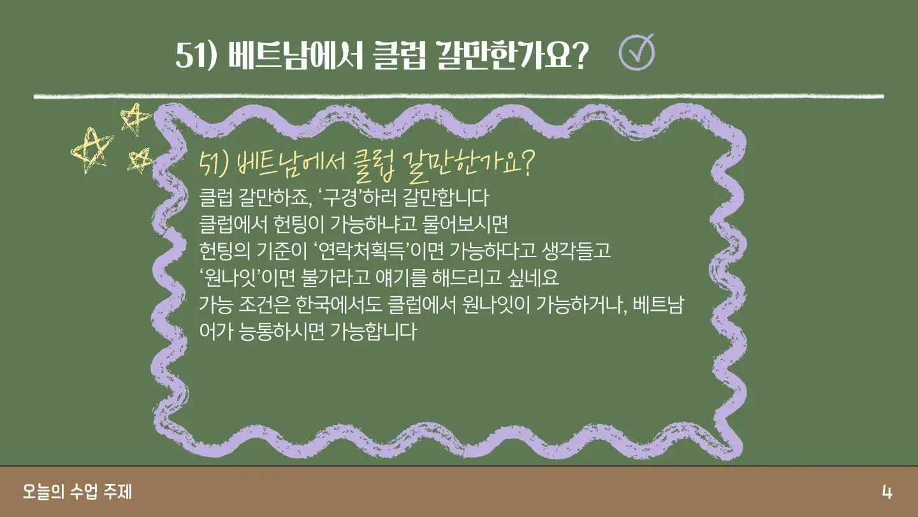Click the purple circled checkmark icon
click(x=636, y=52)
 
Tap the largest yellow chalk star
click(x=92, y=151)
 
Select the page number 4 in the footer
click(x=887, y=492)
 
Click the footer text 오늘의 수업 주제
click(x=78, y=492)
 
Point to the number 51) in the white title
click(x=196, y=55)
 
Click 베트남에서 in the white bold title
click(x=295, y=55)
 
